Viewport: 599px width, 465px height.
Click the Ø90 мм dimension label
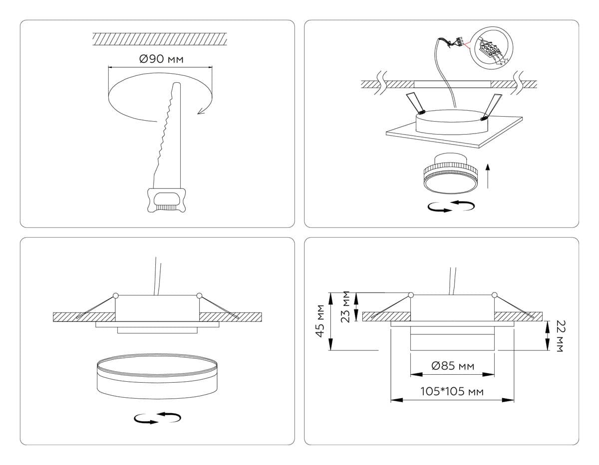161,59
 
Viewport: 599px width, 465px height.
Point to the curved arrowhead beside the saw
201,111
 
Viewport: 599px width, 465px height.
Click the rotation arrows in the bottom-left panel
157,418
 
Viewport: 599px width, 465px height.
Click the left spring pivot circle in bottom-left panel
116,296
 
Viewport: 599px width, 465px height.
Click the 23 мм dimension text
345,307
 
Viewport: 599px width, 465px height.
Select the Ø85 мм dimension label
452,366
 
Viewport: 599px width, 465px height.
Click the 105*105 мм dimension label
452,392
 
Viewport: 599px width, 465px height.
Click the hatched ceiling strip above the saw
160,39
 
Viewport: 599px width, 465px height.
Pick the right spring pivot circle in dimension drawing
495,295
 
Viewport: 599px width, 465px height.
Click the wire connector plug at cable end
457,41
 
